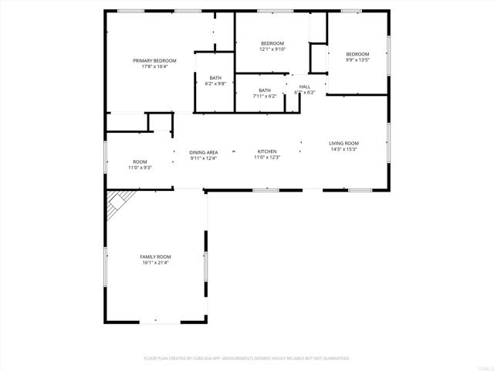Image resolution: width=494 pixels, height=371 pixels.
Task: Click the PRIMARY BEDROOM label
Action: [154, 60]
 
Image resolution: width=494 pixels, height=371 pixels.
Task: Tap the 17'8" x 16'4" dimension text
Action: [154, 66]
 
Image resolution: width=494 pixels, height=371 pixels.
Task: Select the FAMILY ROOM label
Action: [155, 257]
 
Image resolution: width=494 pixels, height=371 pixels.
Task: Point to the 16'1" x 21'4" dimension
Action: [155, 263]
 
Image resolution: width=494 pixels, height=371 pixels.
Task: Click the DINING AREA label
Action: [204, 152]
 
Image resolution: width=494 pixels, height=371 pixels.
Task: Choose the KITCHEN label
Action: [267, 151]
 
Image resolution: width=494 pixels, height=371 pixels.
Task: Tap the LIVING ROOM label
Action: [343, 143]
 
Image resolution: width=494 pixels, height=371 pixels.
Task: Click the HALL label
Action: [305, 87]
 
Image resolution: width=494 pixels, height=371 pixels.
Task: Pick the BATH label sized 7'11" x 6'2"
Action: [266, 90]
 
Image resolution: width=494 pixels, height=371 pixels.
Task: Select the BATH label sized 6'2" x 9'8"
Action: [215, 77]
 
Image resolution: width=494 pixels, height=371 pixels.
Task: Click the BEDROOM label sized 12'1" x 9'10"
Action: [272, 43]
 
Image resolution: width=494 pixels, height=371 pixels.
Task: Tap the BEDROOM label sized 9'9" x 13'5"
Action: [358, 53]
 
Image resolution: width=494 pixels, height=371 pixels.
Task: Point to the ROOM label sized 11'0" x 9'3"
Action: [140, 162]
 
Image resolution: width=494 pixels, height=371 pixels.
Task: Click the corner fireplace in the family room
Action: [117, 206]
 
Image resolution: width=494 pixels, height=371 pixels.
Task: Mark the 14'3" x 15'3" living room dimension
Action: [343, 149]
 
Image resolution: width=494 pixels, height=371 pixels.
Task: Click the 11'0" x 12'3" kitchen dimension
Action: [267, 158]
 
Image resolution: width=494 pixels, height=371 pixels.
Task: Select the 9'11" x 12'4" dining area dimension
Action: [204, 158]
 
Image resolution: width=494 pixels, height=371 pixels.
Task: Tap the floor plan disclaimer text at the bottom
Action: [247, 358]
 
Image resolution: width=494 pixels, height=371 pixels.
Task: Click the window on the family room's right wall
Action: [205, 266]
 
